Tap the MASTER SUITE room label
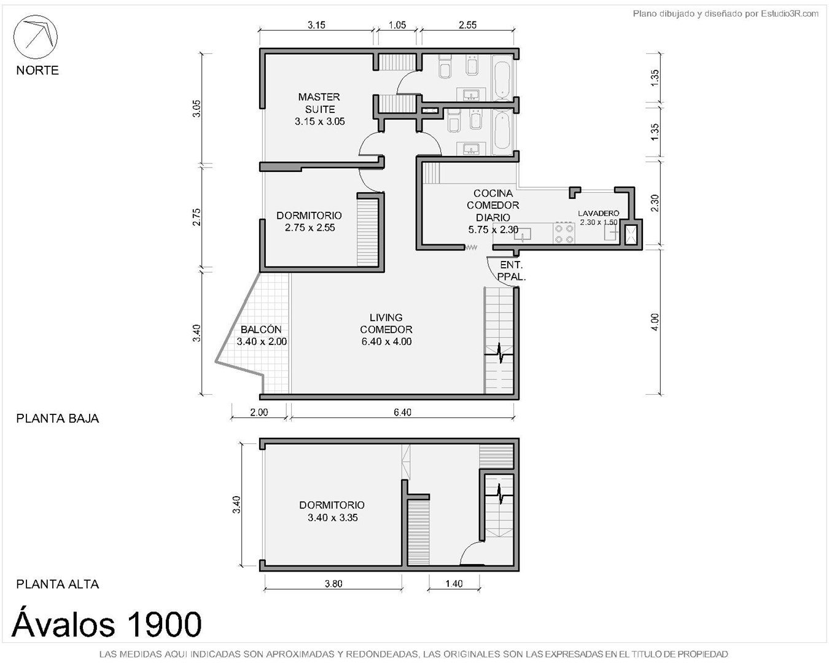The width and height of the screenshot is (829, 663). [x=319, y=103]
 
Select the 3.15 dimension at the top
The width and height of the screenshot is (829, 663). [x=316, y=25]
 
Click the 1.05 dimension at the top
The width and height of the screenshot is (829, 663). [x=397, y=25]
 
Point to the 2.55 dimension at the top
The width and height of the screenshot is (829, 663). [x=468, y=25]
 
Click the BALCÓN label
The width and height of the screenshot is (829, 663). [x=261, y=330]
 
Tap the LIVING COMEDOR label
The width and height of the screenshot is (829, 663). [x=386, y=324]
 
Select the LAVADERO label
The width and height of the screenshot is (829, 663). [x=598, y=213]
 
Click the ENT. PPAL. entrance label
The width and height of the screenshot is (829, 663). [x=511, y=271]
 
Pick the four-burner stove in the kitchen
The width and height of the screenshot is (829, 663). [x=564, y=233]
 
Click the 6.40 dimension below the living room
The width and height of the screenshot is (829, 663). [x=403, y=412]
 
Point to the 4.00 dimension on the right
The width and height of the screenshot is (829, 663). [x=655, y=322]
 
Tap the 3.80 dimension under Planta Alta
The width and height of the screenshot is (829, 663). [x=333, y=584]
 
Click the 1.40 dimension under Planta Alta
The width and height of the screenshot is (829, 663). [x=454, y=584]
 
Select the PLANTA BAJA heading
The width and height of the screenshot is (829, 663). [x=57, y=419]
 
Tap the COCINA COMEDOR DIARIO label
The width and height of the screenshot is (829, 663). [x=492, y=205]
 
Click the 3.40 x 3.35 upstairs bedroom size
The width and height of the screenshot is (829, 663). [x=332, y=518]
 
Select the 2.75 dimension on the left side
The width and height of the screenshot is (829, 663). [x=197, y=217]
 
